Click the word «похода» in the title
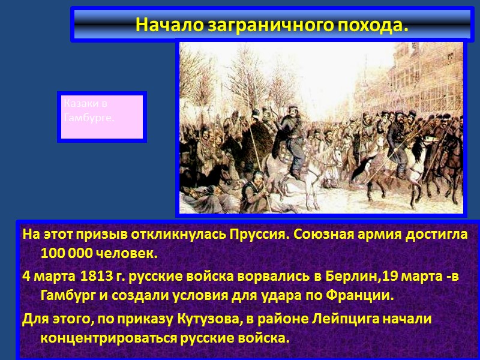click(371, 25)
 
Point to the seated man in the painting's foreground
click(256, 186)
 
